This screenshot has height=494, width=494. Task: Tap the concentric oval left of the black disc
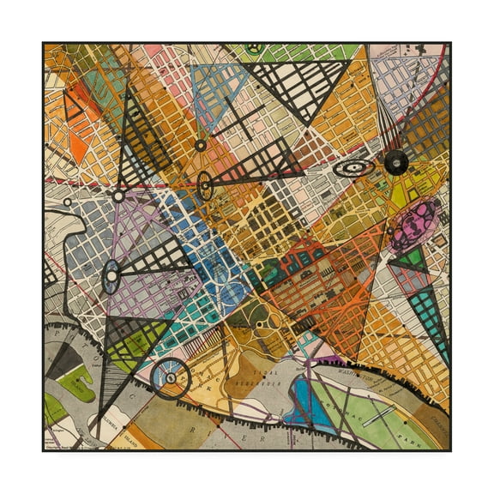click(x=353, y=168)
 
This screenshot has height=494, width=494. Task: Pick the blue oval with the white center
click(x=111, y=277)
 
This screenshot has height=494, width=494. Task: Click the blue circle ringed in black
click(x=170, y=378)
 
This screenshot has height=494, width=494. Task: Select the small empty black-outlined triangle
click(x=71, y=104)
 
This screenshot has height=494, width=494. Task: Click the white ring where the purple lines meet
click(x=117, y=196)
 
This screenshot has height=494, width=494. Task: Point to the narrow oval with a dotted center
click(x=204, y=184)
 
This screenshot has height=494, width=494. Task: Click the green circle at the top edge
click(x=254, y=49)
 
